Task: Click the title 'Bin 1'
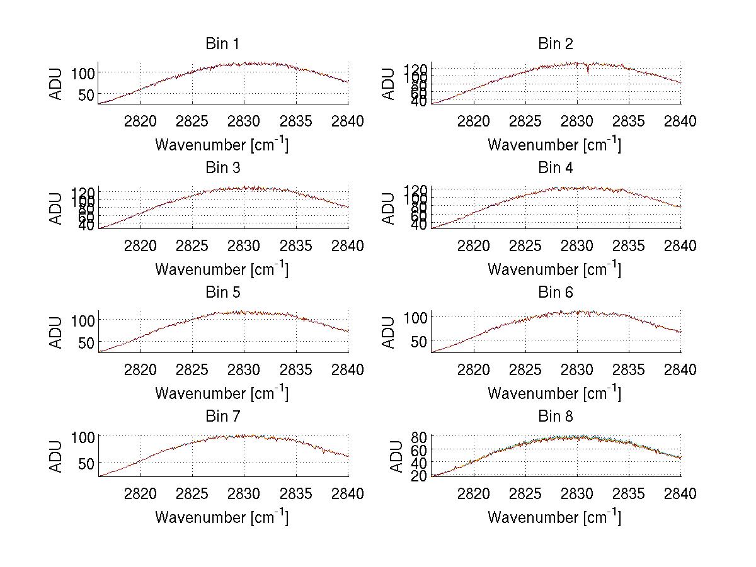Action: tap(222, 44)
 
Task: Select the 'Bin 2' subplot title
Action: tap(555, 44)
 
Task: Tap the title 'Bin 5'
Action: tap(222, 293)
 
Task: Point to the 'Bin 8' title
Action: tap(555, 417)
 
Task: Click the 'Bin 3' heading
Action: tap(222, 168)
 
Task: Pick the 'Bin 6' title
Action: tap(555, 293)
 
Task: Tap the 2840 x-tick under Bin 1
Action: tap(348, 121)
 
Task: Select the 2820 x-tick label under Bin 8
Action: tap(473, 494)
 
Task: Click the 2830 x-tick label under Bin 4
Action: tap(577, 245)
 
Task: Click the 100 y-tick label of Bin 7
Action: tap(84, 435)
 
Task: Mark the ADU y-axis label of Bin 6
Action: tap(389, 332)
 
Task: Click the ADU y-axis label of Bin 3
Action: tap(57, 208)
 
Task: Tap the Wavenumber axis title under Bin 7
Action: tap(222, 517)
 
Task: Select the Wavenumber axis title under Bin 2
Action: tap(555, 145)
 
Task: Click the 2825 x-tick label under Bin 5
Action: tap(193, 370)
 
